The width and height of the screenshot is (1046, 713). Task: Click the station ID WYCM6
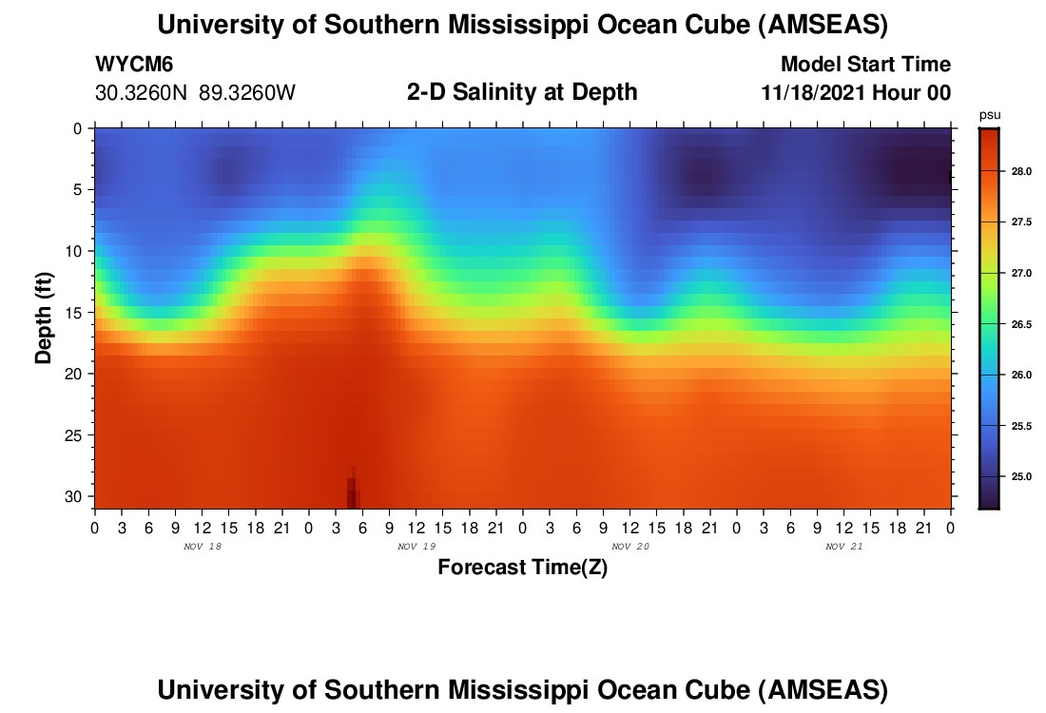click(x=134, y=64)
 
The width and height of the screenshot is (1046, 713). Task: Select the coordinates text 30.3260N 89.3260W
click(x=195, y=93)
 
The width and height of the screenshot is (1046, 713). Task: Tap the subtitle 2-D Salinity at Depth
click(x=522, y=92)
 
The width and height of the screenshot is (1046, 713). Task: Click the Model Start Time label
click(x=865, y=64)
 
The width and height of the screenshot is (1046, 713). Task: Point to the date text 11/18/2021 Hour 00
click(x=856, y=93)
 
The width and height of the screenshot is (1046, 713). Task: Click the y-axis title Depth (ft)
click(x=44, y=318)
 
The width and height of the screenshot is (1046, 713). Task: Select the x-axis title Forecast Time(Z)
click(x=522, y=567)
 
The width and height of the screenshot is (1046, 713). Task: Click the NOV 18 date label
click(x=203, y=547)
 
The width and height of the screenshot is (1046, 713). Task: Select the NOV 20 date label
click(x=630, y=547)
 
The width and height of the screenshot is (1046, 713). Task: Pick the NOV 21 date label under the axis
click(x=843, y=547)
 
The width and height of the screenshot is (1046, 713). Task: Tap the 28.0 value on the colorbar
click(x=1021, y=171)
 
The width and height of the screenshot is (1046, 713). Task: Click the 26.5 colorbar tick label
click(x=1021, y=325)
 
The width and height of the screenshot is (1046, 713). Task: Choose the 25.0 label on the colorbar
click(x=1021, y=477)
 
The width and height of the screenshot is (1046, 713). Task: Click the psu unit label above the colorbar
click(x=990, y=116)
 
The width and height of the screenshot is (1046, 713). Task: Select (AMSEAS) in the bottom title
click(x=823, y=690)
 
